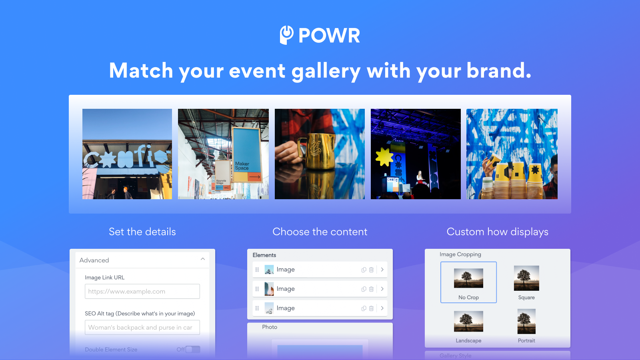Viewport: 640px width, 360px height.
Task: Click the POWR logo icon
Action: coord(286,35)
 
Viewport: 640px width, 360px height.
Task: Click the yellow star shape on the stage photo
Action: coord(384,157)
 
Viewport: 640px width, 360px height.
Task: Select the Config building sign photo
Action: coord(127,154)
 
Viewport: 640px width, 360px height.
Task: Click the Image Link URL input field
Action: coord(142,291)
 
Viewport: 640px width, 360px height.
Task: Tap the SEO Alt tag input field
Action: coord(142,327)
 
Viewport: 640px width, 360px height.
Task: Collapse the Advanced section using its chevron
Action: coord(203,260)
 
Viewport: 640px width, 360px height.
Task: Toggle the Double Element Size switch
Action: coord(193,349)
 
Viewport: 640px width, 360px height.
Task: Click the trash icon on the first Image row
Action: coord(371,270)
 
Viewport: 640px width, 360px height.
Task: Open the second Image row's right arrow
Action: coord(382,289)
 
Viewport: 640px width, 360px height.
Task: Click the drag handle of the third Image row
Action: coord(257,308)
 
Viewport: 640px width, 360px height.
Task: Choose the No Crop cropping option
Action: coord(468,282)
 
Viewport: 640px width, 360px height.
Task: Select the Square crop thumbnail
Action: coord(526,278)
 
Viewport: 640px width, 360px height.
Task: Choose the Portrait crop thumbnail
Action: coord(526,322)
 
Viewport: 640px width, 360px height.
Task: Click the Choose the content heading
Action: coord(320,232)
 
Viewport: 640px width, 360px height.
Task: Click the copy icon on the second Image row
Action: coord(364,289)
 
